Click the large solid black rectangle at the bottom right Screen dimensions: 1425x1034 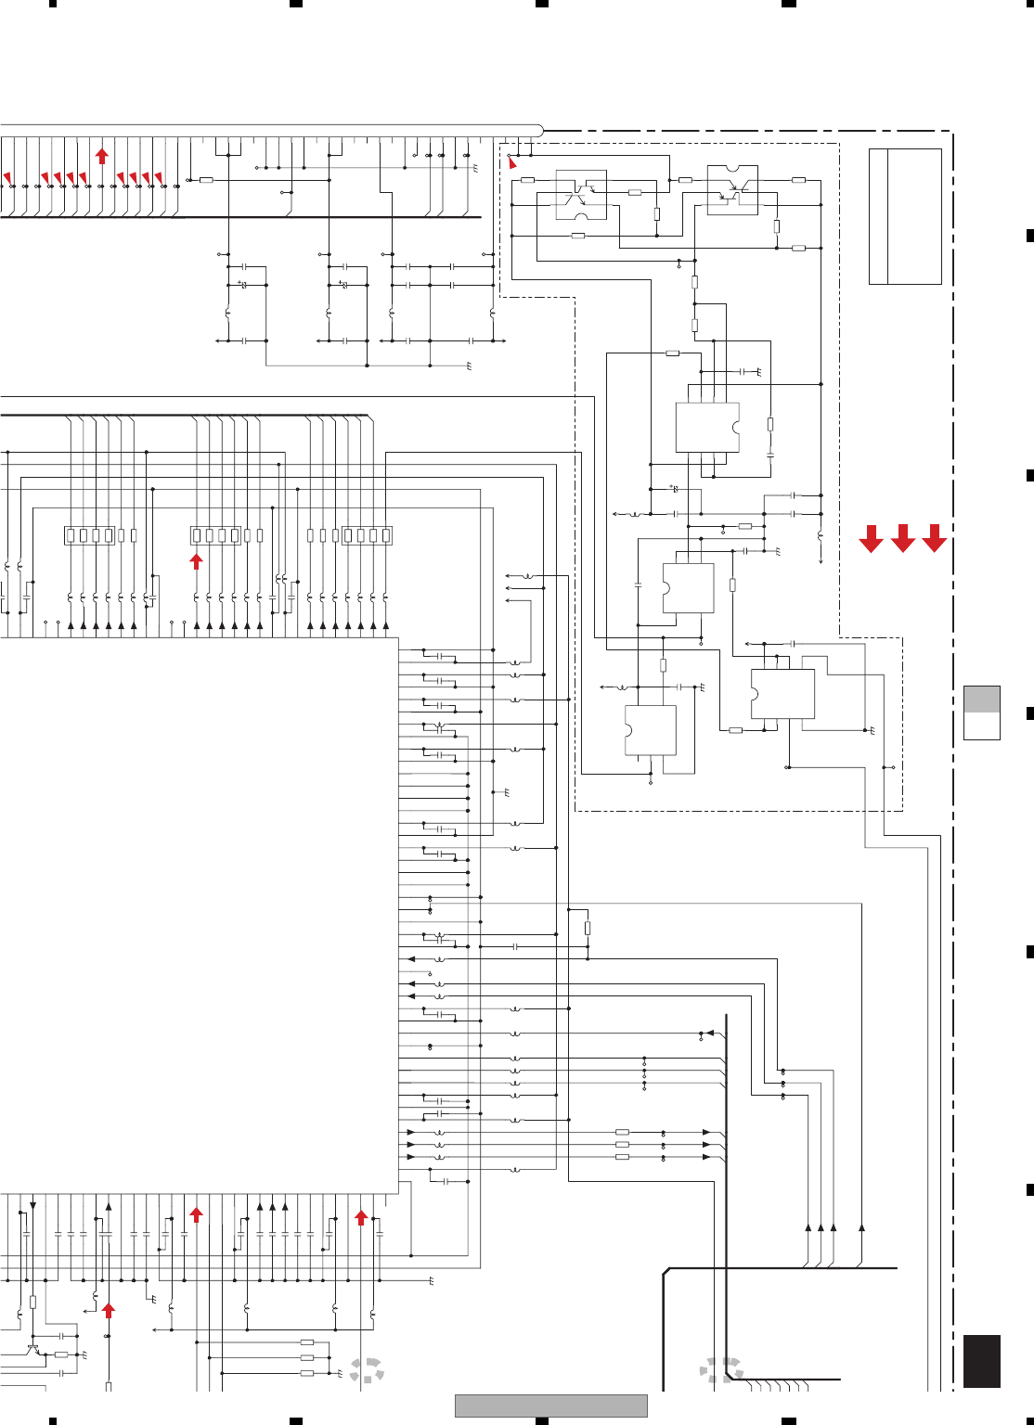pos(982,1361)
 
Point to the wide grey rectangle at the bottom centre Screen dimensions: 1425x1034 pos(550,1406)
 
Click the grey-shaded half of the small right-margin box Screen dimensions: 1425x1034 pos(982,699)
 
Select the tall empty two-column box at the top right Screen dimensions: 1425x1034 pos(905,216)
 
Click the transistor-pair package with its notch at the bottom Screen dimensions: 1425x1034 pos(581,195)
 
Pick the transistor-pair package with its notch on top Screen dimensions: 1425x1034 pos(732,190)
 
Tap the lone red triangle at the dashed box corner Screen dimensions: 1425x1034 pos(512,163)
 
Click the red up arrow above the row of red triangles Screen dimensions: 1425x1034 pos(102,155)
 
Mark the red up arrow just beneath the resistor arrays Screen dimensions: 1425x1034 pos(197,560)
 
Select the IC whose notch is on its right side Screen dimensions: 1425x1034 pos(707,428)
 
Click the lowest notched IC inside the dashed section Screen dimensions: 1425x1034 pos(650,730)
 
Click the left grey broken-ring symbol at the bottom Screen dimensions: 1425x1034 pos(368,1371)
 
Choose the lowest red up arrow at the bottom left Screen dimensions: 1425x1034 pos(109,1310)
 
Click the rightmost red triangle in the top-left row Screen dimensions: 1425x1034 pos(159,177)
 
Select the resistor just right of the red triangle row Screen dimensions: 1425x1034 pos(206,180)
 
